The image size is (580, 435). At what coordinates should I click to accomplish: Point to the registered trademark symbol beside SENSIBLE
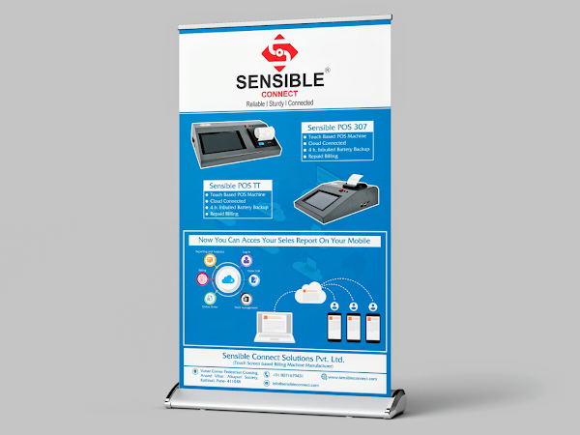point(327,71)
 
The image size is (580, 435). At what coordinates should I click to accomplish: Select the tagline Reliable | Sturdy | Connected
point(280,102)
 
